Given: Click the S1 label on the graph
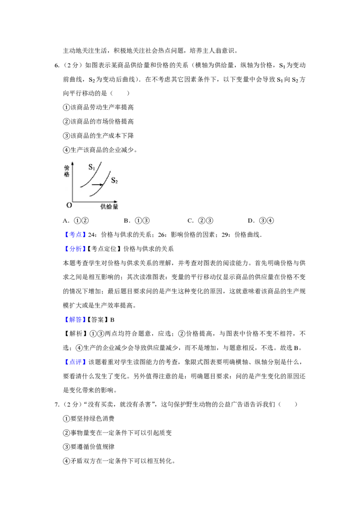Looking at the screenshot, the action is point(92,168).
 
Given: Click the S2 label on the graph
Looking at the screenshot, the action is point(114,180).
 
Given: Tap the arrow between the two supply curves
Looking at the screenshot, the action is point(97,185).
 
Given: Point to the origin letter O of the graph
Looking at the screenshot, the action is point(69,205).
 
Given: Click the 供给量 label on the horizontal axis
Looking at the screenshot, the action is point(109,206).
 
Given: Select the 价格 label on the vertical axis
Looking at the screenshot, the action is point(67,171).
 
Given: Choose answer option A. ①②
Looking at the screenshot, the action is point(76,221).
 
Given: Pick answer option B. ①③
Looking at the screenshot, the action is point(137,221).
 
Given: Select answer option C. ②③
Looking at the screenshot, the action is point(200,221).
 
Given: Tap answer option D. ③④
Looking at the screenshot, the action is point(261,221).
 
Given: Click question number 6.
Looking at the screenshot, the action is point(57,66).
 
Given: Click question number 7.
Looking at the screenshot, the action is point(57,405).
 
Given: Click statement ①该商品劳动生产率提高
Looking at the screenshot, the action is point(99,107).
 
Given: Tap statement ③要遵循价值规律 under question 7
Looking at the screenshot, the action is point(89,446).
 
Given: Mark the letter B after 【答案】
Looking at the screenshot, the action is point(112,320).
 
